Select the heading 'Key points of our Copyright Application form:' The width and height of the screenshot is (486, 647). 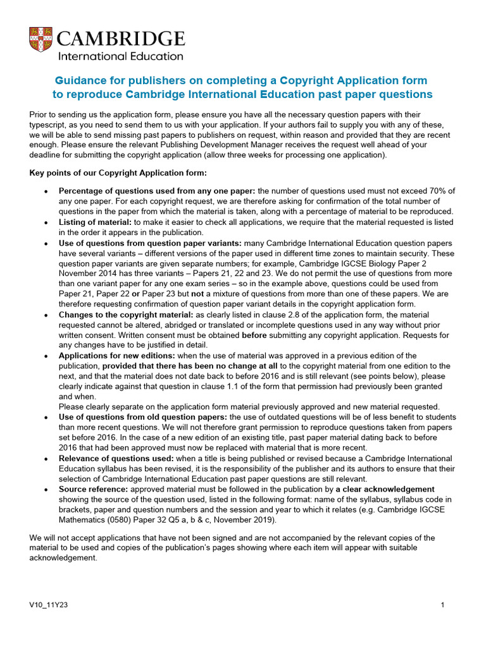[x=118, y=173]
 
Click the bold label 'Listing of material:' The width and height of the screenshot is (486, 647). [x=95, y=222]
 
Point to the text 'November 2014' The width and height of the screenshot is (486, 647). [x=89, y=274]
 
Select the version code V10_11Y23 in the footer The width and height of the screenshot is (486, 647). [x=49, y=605]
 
